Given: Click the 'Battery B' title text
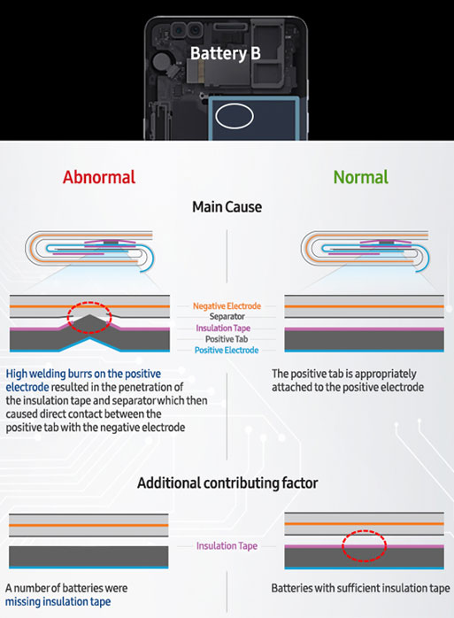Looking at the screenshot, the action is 226,54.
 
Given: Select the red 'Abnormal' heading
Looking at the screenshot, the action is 99,177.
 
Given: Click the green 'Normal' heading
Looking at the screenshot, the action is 360,177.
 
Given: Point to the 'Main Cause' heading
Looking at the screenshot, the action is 227,207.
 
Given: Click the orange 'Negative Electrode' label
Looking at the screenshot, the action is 227,305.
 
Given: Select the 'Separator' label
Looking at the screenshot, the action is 227,316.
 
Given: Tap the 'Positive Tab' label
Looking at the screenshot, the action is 227,339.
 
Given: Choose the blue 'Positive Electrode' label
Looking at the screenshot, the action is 227,350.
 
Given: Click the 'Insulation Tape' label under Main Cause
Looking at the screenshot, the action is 223,328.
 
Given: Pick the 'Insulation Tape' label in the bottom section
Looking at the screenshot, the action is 227,546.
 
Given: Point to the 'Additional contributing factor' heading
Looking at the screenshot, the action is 227,483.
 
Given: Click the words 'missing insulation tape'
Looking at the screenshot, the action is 58,602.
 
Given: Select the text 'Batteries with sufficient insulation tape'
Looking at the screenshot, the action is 360,589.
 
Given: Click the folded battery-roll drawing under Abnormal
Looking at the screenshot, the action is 89,251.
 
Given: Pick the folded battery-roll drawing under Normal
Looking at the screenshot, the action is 365,251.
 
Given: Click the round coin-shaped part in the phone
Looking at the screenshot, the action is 161,61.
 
